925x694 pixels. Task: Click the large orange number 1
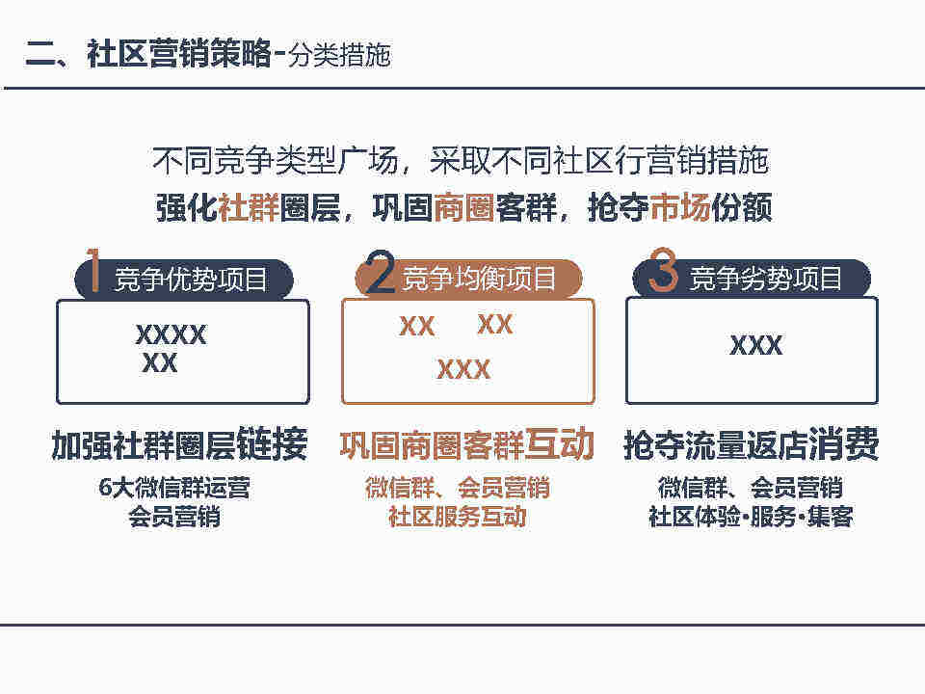[92, 270]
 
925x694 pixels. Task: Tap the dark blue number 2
[380, 271]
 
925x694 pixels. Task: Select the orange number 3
[664, 270]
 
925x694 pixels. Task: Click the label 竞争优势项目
[191, 280]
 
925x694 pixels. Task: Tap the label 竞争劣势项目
[766, 278]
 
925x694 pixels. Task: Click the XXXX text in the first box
[172, 335]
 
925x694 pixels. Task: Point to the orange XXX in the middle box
[463, 370]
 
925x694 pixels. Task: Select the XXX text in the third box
[756, 345]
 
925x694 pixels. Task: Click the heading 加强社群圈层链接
[180, 444]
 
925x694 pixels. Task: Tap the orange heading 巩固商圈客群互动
[466, 444]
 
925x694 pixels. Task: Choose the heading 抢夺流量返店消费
[752, 444]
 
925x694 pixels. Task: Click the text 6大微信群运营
[174, 488]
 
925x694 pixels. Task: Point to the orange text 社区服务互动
[457, 517]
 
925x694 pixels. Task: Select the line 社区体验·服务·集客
[751, 517]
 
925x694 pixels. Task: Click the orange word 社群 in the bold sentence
[249, 208]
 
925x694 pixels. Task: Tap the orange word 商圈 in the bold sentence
[464, 208]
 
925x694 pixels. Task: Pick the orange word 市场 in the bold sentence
[679, 208]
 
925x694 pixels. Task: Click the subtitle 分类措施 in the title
[340, 56]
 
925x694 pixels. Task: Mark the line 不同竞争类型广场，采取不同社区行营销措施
[461, 161]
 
